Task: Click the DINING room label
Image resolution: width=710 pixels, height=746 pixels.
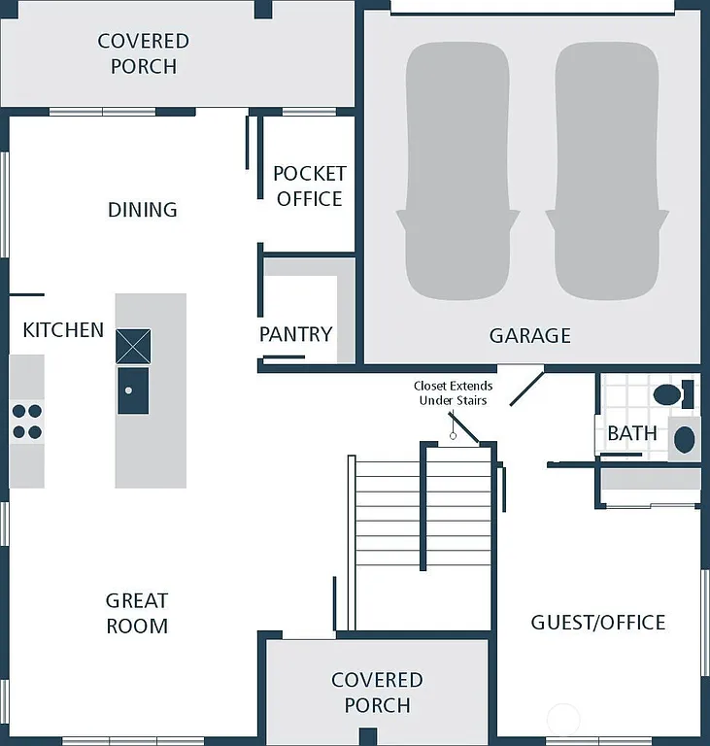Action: [143, 210]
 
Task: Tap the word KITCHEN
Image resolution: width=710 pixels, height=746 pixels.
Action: [63, 330]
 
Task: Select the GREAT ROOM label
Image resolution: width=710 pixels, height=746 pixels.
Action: [137, 613]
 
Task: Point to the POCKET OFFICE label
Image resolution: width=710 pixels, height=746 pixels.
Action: [309, 186]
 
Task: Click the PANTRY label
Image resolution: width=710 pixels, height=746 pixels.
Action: [295, 334]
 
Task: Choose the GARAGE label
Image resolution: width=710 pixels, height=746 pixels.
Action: [529, 336]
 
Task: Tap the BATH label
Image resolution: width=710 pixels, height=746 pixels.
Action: [632, 433]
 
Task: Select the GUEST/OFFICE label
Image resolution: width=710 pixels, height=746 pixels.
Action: [597, 623]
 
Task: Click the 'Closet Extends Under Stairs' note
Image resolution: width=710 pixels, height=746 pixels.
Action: [453, 393]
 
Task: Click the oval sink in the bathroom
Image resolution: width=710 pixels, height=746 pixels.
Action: [685, 438]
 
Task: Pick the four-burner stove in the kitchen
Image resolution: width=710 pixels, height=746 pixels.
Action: [27, 422]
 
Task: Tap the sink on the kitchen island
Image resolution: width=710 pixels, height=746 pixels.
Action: [133, 390]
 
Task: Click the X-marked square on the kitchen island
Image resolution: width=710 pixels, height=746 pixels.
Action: [133, 346]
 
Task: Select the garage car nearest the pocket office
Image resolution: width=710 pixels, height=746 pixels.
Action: [456, 170]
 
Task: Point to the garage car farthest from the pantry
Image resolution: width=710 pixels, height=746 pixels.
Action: [606, 170]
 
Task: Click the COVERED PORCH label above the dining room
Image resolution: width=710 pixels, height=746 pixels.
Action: [143, 53]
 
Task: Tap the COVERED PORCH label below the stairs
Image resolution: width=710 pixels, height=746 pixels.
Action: [377, 693]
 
